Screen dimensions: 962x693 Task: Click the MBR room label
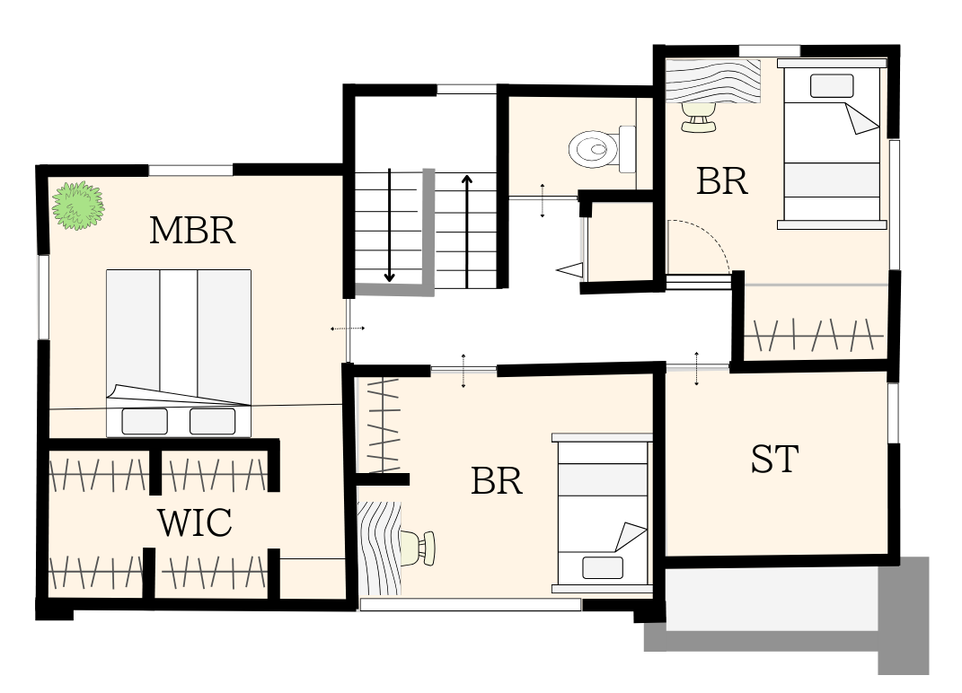point(192,231)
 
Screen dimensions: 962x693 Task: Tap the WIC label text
point(195,522)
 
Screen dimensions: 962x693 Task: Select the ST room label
point(775,459)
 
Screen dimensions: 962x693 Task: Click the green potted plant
point(78,206)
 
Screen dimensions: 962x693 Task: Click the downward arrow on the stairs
point(389,225)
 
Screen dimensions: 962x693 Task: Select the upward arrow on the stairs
point(467,232)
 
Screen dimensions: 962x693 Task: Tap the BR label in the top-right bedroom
point(722,181)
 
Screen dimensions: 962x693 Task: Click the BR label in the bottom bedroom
point(497,481)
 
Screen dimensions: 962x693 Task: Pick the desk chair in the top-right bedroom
point(698,117)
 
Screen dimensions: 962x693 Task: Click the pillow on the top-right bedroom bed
point(832,86)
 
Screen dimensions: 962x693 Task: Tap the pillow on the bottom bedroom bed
point(603,567)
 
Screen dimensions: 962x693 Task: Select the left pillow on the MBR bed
point(145,421)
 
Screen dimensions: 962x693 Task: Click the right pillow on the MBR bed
point(212,421)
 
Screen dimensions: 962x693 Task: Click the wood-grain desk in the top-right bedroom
point(713,81)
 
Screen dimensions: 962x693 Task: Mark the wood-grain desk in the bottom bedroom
point(379,548)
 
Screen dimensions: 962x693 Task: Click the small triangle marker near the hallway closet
point(569,269)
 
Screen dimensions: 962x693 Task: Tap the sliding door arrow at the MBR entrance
point(348,329)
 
